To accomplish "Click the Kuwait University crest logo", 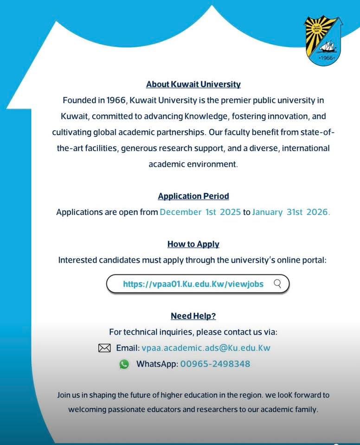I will point(323,40).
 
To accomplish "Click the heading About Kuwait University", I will point(193,84).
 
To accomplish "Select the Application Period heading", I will point(193,196).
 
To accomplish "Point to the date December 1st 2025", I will point(200,212).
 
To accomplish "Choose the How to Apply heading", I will point(193,244).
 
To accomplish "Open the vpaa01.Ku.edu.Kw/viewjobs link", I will point(193,284).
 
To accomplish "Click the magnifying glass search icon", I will point(277,283).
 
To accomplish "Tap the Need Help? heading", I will point(193,316).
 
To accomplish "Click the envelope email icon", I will point(104,348).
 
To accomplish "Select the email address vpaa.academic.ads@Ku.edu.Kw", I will point(206,348).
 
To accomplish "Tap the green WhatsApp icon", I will point(124,364).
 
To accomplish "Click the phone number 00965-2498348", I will point(215,364).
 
